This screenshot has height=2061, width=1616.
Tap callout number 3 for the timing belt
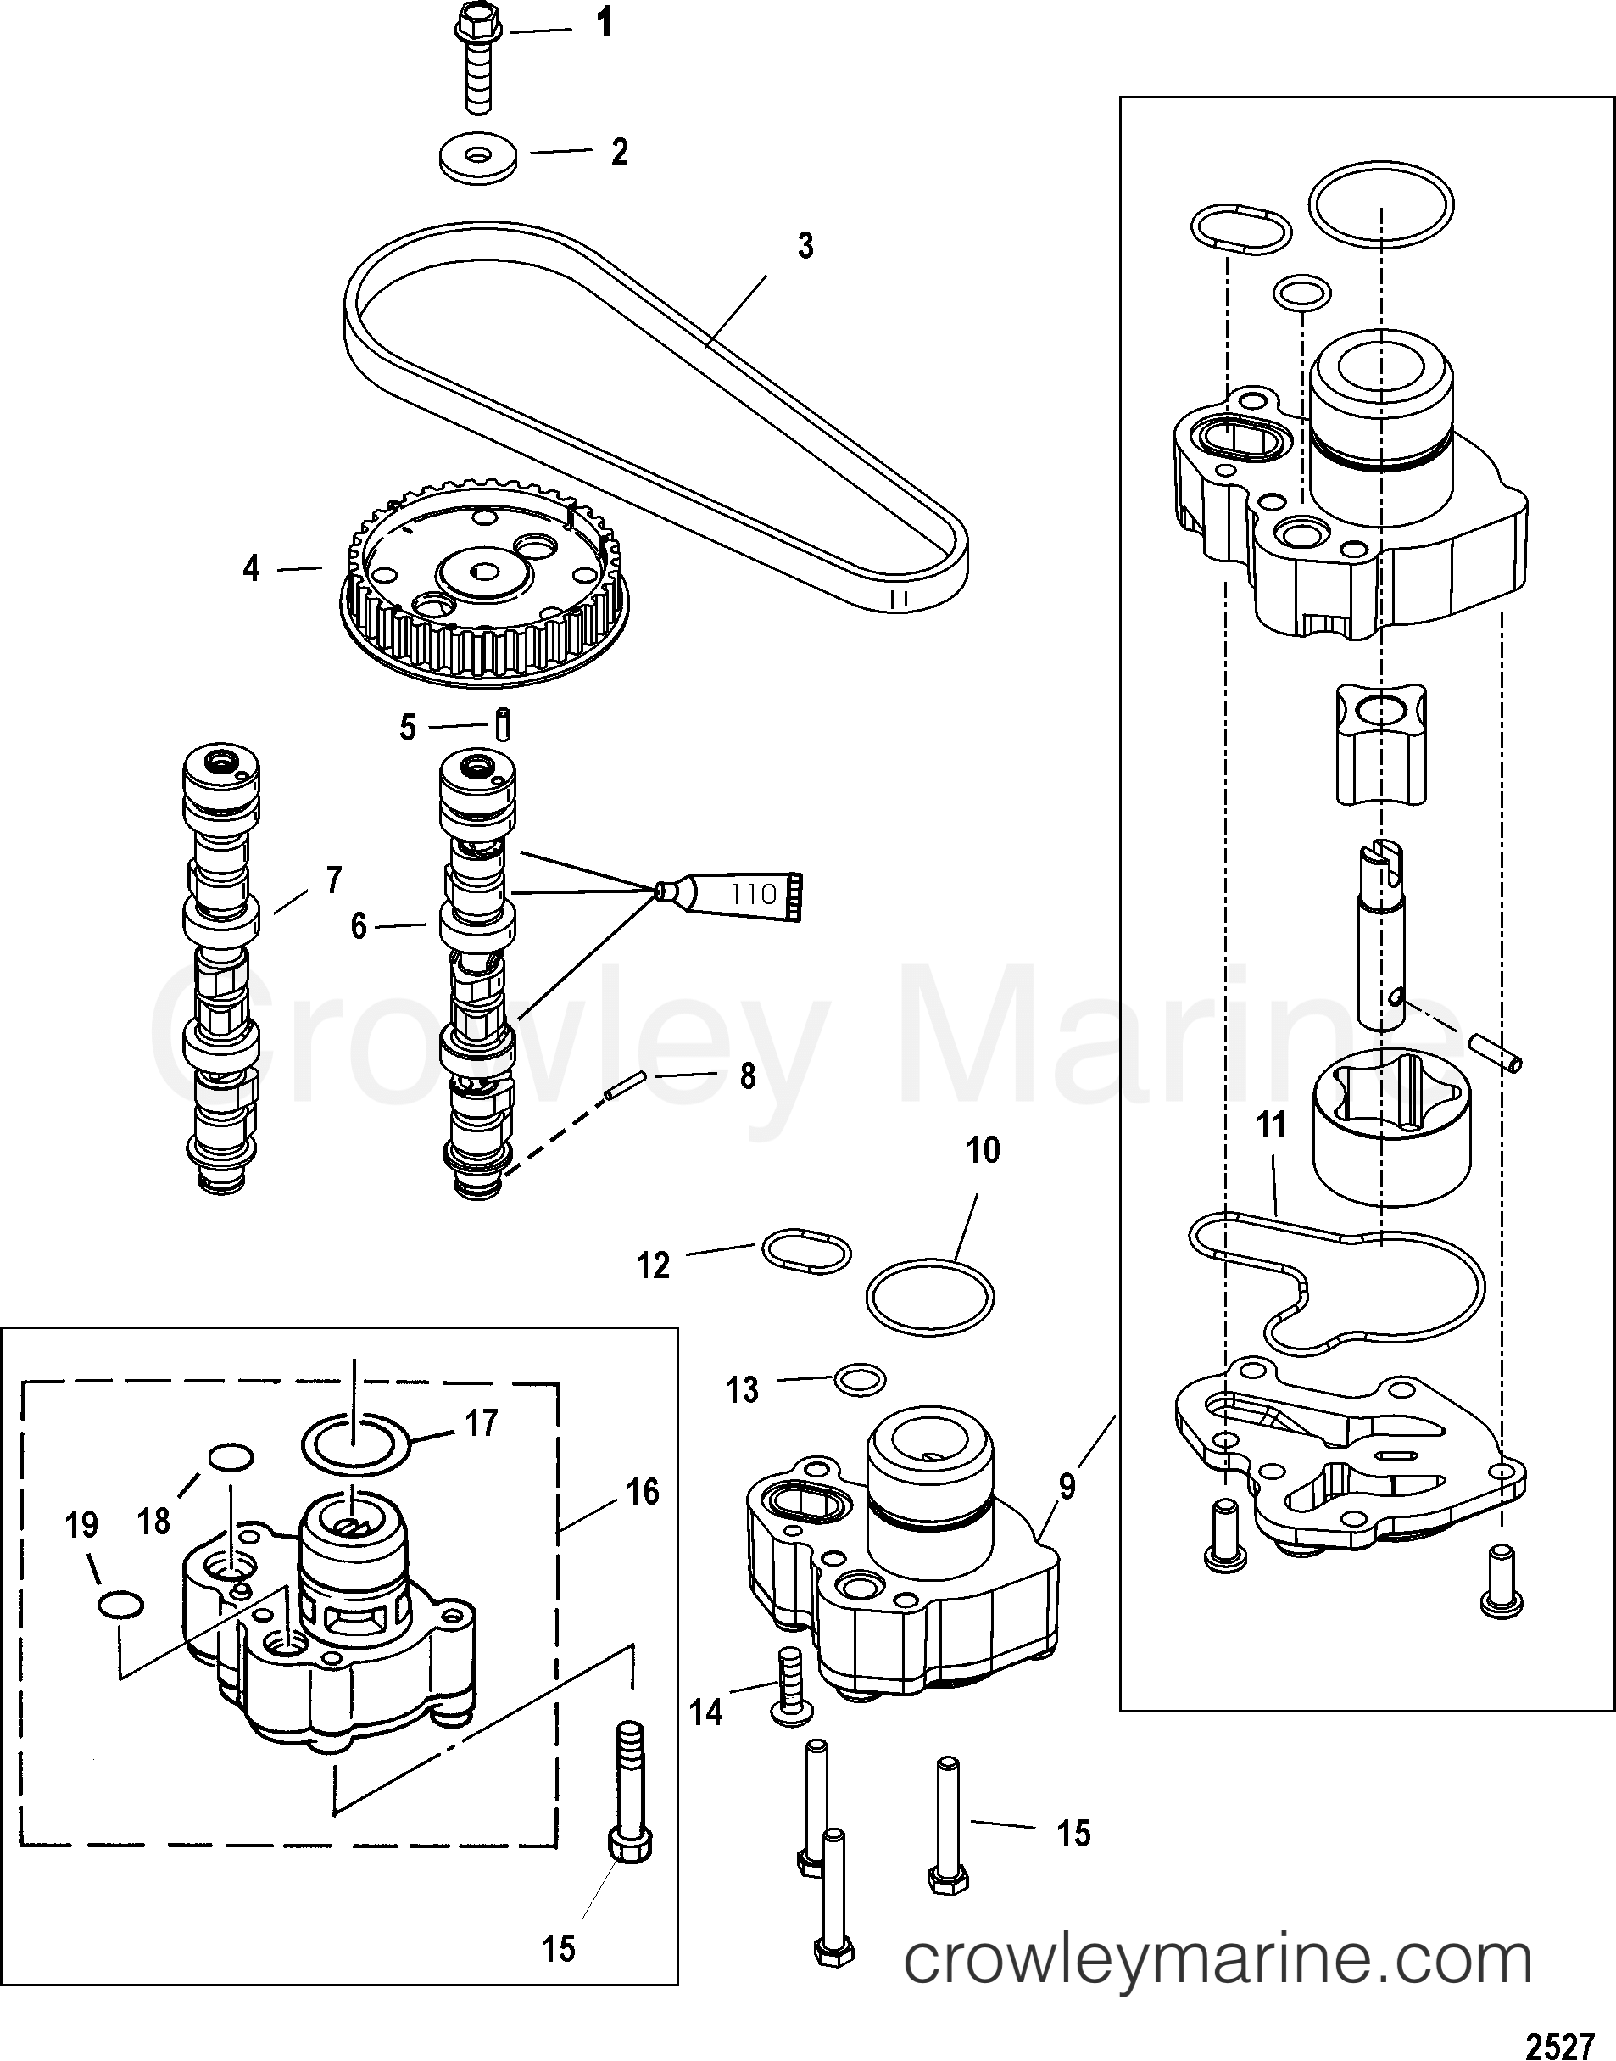tap(805, 246)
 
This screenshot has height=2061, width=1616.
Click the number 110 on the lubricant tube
tap(754, 893)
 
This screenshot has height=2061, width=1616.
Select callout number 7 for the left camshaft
tap(333, 880)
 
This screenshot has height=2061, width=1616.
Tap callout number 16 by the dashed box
tap(643, 1492)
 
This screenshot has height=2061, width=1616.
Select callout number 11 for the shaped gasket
tap(1272, 1125)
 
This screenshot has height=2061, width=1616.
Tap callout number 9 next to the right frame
tap(1067, 1488)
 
